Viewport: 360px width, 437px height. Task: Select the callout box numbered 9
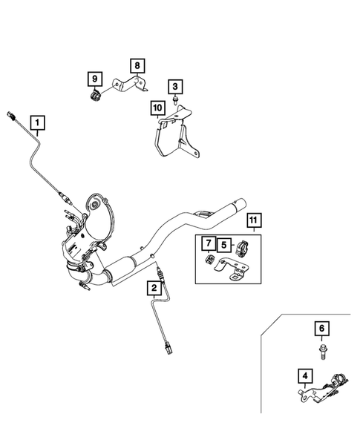pos(94,78)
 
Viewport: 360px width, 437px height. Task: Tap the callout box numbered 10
pos(157,108)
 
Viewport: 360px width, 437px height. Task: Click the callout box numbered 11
pos(253,220)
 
